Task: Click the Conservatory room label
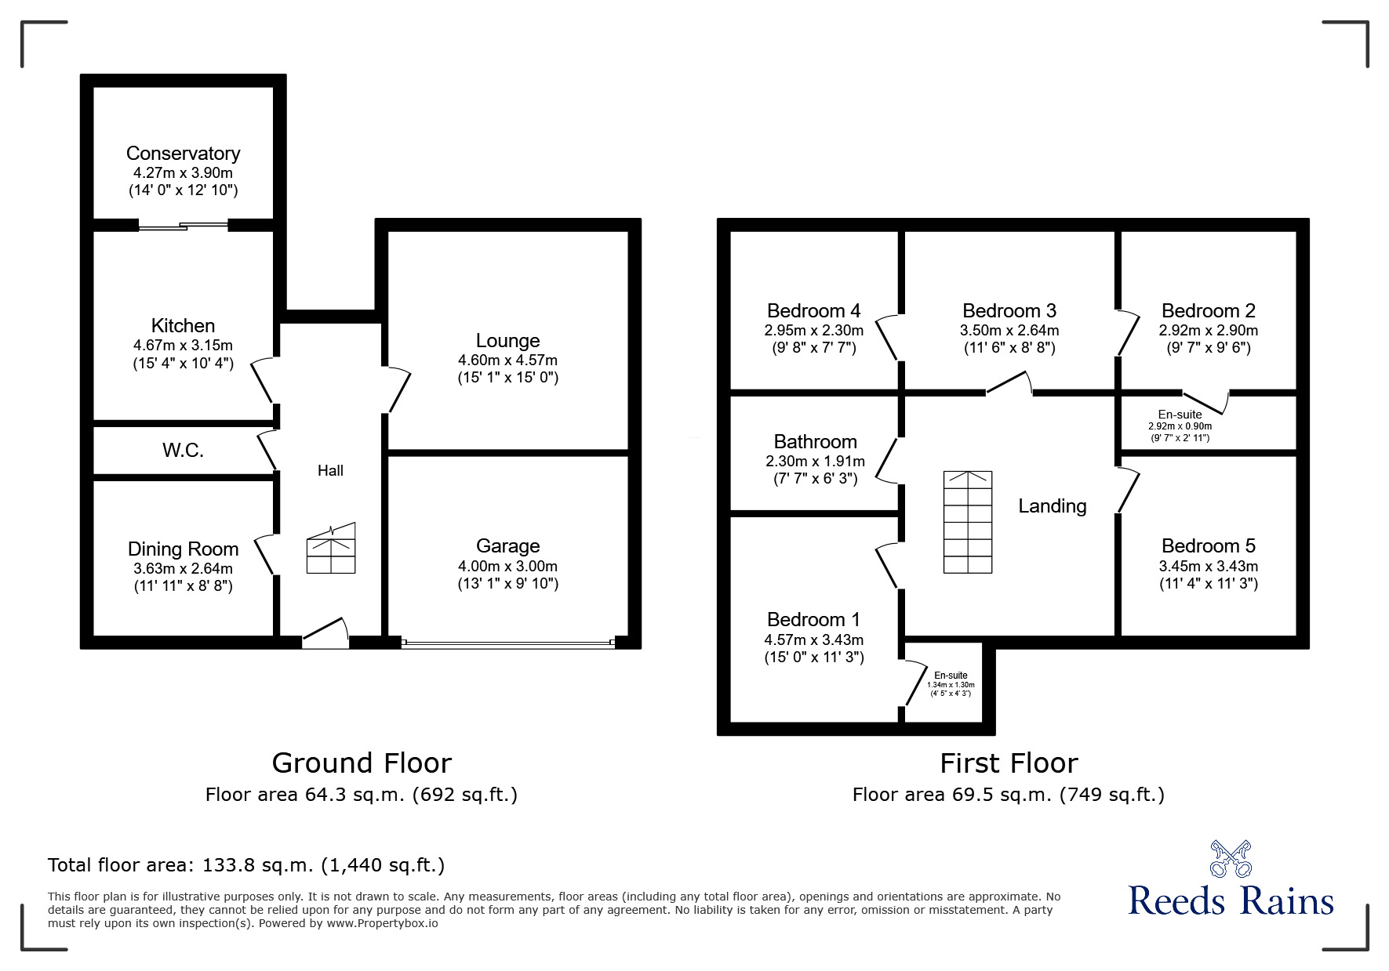[x=183, y=154]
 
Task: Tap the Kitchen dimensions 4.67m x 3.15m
[x=183, y=346]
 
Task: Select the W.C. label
[x=183, y=451]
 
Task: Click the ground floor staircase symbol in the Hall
[x=331, y=549]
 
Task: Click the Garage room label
[x=507, y=546]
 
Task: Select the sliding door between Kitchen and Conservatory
[x=184, y=226]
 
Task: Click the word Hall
[x=330, y=471]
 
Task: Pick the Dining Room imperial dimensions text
[x=183, y=585]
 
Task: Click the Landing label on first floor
[x=1052, y=506]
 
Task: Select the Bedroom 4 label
[x=813, y=311]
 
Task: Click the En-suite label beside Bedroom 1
[x=951, y=676]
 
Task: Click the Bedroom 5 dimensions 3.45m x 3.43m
[x=1208, y=567]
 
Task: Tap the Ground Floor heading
[x=362, y=763]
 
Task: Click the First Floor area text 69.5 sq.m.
[x=1008, y=795]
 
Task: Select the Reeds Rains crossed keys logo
[x=1231, y=860]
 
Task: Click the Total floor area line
[x=246, y=865]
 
